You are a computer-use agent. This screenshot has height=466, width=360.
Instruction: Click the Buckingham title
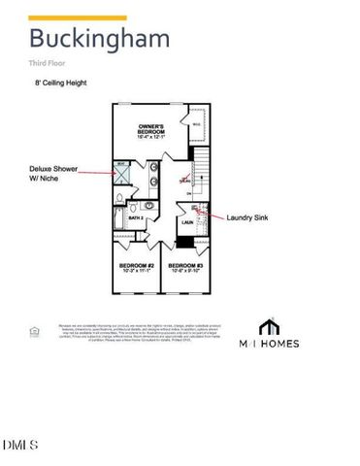point(99,40)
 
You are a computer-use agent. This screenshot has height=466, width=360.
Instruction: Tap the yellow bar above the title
point(78,17)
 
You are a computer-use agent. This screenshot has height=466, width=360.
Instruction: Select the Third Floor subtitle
point(48,63)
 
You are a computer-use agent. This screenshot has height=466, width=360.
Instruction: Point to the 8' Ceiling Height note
point(60,83)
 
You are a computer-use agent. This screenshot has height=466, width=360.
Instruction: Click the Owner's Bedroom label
point(155,129)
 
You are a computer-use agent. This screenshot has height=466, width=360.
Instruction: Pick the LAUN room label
point(189,222)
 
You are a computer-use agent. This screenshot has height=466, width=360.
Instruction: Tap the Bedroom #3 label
point(185,266)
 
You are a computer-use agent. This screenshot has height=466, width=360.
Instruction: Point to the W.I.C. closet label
point(196,124)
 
